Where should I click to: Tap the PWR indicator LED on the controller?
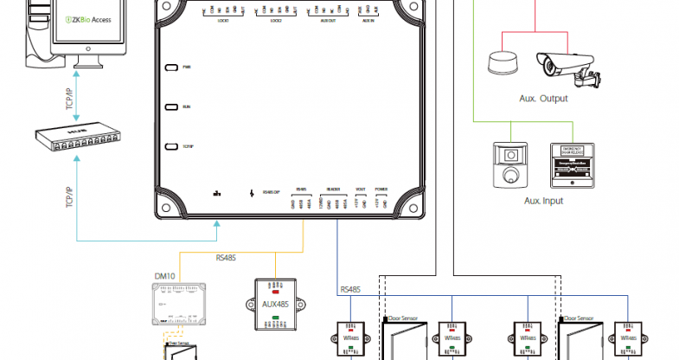(x=172, y=67)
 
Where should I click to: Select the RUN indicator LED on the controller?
(x=172, y=107)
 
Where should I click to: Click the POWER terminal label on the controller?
(x=381, y=188)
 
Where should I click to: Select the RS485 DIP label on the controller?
(x=270, y=193)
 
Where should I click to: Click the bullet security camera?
(x=565, y=65)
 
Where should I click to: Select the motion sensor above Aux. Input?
(x=509, y=165)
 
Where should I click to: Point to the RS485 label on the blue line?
(x=351, y=289)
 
